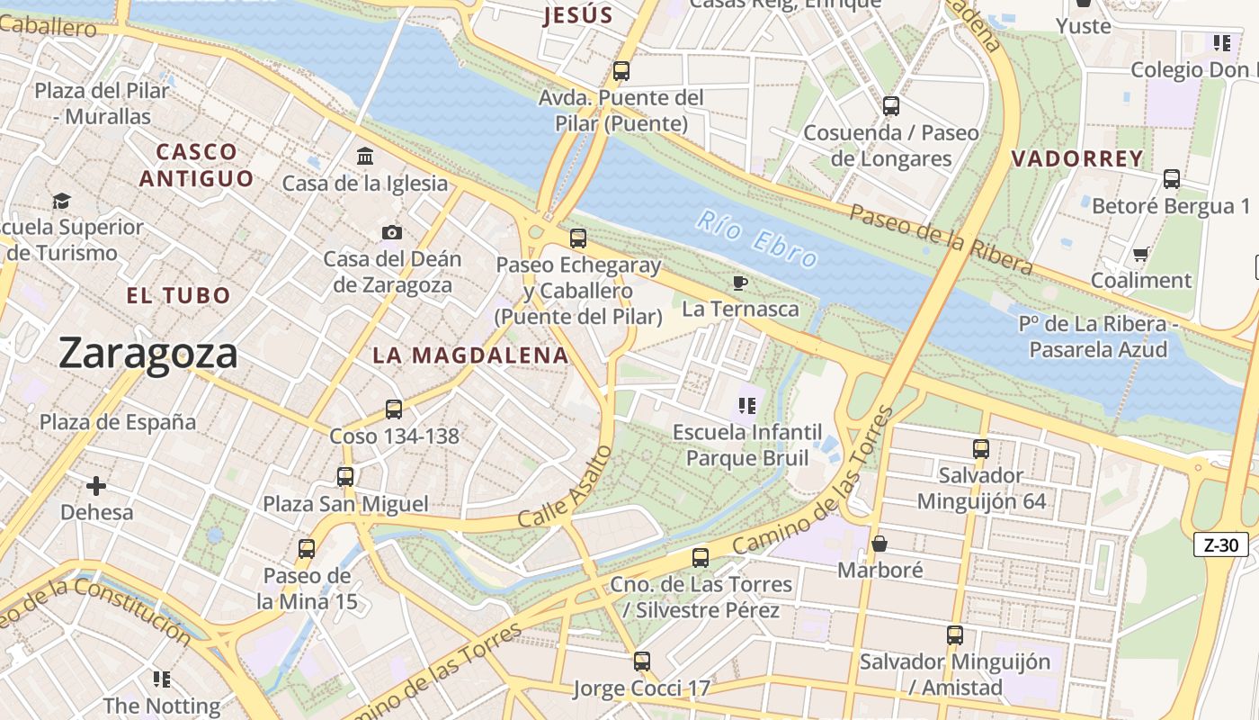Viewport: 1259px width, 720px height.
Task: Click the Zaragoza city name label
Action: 148,353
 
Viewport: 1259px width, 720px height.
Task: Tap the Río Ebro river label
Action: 757,239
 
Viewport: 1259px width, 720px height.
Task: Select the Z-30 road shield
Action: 1221,544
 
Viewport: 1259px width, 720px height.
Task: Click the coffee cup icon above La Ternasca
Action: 740,283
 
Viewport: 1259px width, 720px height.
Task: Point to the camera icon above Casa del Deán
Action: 391,233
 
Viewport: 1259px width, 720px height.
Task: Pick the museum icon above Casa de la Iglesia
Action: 365,157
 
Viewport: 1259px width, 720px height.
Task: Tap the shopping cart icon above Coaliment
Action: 1140,255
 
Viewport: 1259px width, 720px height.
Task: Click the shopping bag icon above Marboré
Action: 880,544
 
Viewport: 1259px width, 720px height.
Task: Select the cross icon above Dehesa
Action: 96,487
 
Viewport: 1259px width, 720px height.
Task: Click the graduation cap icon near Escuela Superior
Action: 61,201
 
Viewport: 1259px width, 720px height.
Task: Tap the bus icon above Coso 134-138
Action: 393,409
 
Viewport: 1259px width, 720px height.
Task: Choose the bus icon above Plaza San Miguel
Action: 345,477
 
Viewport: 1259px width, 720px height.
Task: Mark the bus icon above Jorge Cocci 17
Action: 641,662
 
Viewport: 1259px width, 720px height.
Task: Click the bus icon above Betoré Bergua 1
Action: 1171,179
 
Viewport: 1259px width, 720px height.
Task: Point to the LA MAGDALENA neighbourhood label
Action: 470,355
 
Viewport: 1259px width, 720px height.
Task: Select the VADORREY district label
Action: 1077,159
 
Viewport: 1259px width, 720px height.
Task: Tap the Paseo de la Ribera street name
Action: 941,238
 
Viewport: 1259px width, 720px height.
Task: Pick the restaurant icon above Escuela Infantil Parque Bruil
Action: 746,406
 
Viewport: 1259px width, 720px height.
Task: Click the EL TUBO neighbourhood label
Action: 178,295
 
